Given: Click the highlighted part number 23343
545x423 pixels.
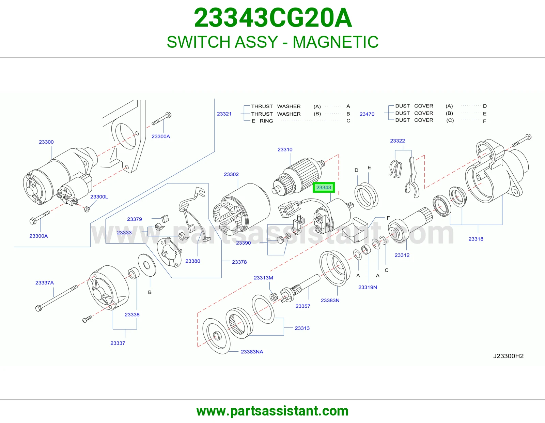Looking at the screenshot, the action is [324, 187].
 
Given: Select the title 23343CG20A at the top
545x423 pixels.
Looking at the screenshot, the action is [273, 18].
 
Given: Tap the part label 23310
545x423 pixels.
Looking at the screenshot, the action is [285, 149].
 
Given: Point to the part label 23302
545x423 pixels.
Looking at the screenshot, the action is [231, 174].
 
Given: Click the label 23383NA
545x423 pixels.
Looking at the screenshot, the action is [252, 352].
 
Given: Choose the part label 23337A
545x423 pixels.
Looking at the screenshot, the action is [45, 282].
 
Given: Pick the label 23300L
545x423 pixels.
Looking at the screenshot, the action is [99, 197].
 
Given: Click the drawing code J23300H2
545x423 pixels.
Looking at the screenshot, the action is [508, 356].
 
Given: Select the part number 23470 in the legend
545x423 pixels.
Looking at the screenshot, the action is [367, 114].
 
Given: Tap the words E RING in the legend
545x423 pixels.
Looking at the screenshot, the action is [262, 121].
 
